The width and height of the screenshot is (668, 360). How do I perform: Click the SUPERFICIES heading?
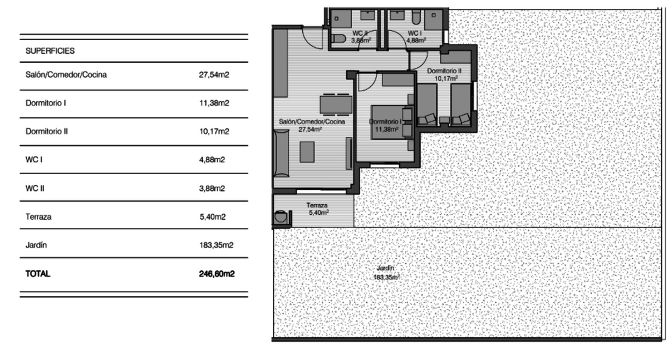[50, 51]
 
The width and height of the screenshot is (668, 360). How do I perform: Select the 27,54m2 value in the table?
[214, 75]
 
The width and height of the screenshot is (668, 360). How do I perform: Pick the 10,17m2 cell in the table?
[214, 132]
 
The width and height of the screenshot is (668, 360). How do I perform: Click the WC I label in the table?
[35, 160]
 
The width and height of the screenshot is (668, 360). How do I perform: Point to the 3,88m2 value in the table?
[212, 189]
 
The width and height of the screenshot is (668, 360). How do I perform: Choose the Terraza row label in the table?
[38, 217]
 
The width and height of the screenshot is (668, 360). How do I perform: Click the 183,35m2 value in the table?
[216, 245]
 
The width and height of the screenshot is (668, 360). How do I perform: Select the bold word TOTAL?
[38, 274]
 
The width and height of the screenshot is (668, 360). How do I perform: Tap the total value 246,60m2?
[216, 274]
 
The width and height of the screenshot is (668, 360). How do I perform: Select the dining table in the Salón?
[336, 104]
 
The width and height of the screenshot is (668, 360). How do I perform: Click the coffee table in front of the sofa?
[307, 152]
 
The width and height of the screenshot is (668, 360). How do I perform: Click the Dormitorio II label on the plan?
[444, 71]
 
